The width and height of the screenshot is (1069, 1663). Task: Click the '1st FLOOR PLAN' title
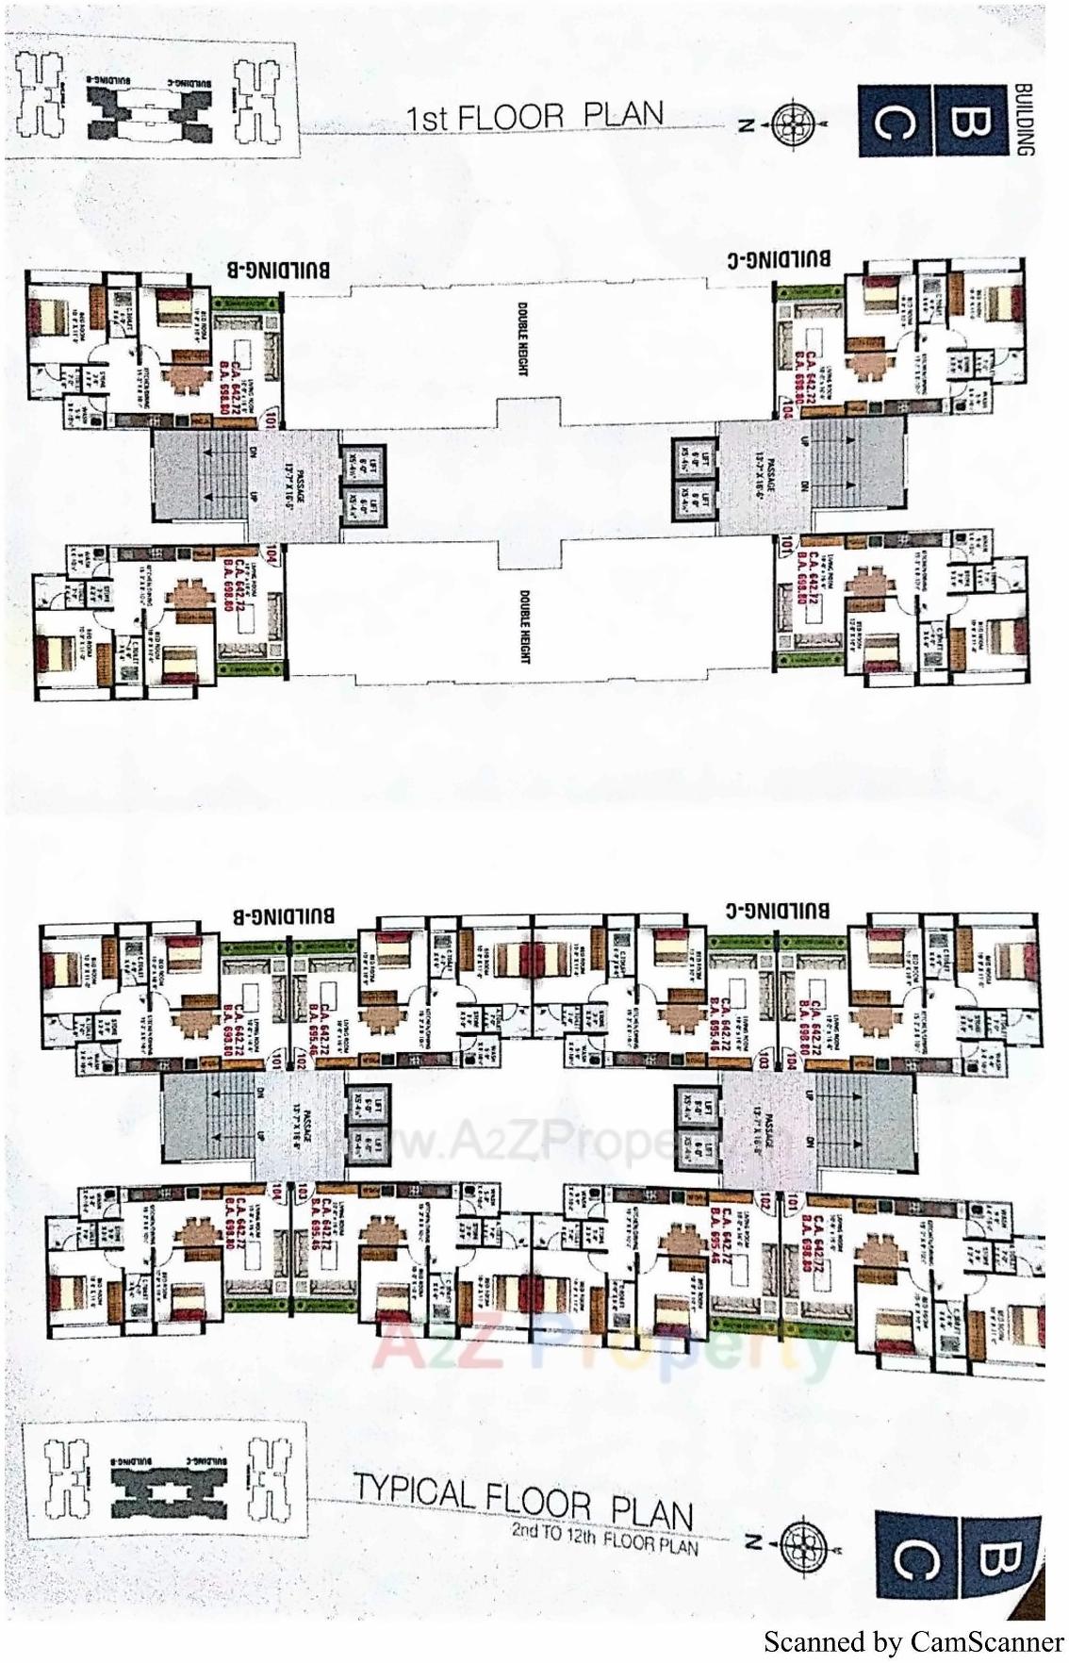(x=534, y=117)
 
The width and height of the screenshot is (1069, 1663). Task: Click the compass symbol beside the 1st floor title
(x=792, y=123)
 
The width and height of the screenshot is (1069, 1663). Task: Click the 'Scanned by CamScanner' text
(x=913, y=1642)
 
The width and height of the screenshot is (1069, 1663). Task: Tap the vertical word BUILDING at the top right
(x=1025, y=119)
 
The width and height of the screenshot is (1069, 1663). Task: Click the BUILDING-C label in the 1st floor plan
(x=792, y=258)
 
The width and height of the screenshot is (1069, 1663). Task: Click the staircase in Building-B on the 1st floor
(x=202, y=477)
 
